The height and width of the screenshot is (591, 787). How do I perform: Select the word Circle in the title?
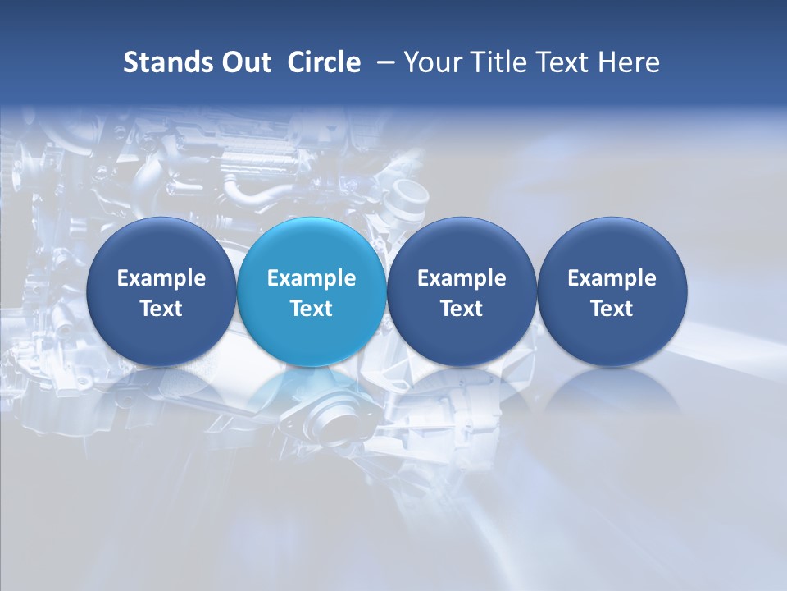[324, 62]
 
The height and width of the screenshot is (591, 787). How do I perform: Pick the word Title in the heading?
[493, 62]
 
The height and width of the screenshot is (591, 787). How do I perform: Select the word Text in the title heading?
[557, 62]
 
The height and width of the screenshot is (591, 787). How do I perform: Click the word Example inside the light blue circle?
[312, 278]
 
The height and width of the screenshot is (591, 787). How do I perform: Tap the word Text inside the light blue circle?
[312, 309]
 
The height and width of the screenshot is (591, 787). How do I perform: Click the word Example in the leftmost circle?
[161, 278]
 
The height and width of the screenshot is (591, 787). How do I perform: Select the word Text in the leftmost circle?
[161, 309]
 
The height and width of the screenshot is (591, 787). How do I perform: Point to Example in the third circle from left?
[462, 278]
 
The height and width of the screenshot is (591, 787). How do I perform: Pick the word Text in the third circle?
[462, 309]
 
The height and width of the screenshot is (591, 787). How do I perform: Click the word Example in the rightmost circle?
[612, 278]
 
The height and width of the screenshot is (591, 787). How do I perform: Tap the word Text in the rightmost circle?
[612, 309]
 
